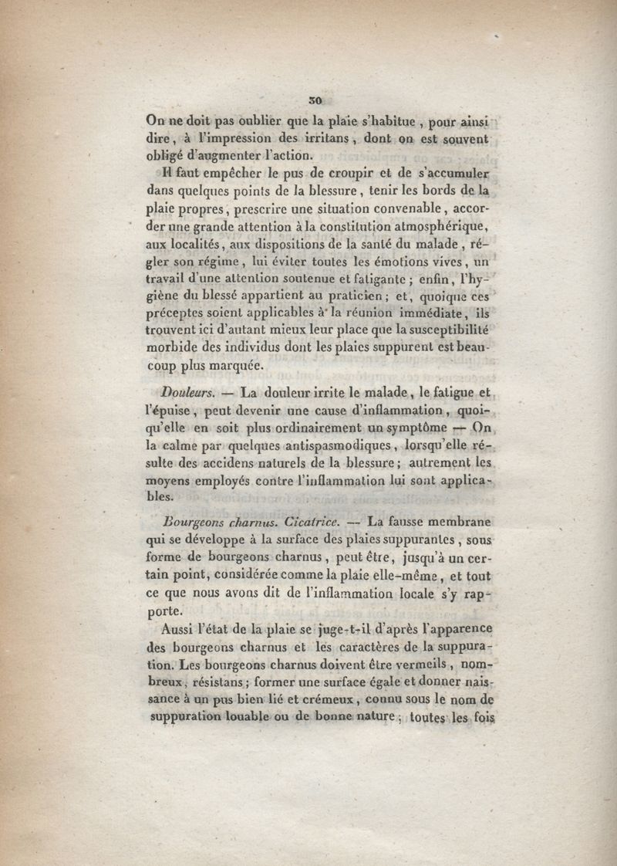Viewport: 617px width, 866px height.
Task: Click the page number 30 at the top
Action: coord(314,100)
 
